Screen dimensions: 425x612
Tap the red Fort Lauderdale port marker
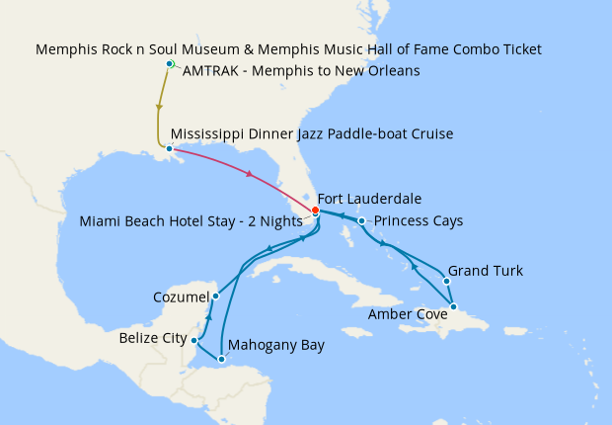pyautogui.click(x=315, y=211)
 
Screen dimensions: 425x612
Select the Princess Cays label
pyautogui.click(x=419, y=220)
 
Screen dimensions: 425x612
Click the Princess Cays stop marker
pyautogui.click(x=362, y=220)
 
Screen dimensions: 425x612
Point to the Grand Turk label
pyautogui.click(x=486, y=270)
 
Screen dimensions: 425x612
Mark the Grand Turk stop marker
pyautogui.click(x=447, y=281)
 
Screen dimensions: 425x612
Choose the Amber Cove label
pyautogui.click(x=408, y=314)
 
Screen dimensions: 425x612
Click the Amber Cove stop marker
pyautogui.click(x=453, y=306)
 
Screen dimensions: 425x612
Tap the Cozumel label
pyautogui.click(x=181, y=297)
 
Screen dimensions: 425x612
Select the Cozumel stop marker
pyautogui.click(x=215, y=296)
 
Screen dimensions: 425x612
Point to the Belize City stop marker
pyautogui.click(x=194, y=340)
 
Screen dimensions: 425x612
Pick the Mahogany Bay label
pyautogui.click(x=275, y=346)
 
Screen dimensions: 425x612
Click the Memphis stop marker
pyautogui.click(x=170, y=64)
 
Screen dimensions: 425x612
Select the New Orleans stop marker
pyautogui.click(x=170, y=150)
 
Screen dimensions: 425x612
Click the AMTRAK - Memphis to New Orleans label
pyautogui.click(x=301, y=71)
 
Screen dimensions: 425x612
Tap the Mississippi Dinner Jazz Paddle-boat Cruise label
pyautogui.click(x=312, y=133)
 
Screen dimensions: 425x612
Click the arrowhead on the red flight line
pyautogui.click(x=251, y=175)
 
